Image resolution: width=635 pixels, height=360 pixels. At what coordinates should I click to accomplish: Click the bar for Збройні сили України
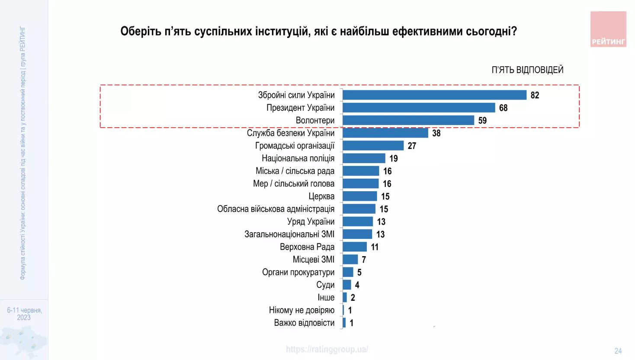(434, 95)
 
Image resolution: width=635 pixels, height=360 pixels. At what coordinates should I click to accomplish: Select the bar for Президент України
(419, 108)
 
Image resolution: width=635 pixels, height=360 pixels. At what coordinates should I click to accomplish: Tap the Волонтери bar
(408, 120)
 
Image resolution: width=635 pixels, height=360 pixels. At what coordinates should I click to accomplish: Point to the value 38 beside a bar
(436, 133)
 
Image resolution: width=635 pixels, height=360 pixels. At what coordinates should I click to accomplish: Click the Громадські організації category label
(295, 146)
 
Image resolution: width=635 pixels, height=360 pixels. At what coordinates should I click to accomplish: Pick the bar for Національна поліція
(364, 158)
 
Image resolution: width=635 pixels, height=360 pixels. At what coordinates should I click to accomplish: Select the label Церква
(321, 196)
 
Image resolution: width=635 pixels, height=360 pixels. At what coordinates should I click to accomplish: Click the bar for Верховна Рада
(355, 247)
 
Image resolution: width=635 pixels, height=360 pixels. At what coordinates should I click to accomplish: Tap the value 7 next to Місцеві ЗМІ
(364, 260)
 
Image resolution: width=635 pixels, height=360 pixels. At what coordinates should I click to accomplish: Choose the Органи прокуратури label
(298, 272)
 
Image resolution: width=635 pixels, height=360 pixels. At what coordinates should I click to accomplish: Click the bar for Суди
(347, 285)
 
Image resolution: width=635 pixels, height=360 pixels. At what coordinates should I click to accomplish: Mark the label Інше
(326, 298)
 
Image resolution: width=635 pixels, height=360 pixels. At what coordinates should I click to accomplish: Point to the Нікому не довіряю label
(301, 310)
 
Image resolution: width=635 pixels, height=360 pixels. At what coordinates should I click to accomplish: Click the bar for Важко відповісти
(344, 323)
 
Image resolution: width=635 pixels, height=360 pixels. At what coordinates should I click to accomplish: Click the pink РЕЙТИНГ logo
(608, 29)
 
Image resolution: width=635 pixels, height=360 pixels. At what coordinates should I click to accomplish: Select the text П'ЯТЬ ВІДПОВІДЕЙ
(527, 70)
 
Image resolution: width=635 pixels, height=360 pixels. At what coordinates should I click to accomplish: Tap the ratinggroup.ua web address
(327, 349)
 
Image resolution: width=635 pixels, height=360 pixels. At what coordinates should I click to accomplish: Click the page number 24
(618, 351)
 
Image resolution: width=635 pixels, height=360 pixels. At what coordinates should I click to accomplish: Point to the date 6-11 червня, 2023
(24, 314)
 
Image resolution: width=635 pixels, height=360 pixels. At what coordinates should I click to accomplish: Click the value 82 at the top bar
(535, 95)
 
